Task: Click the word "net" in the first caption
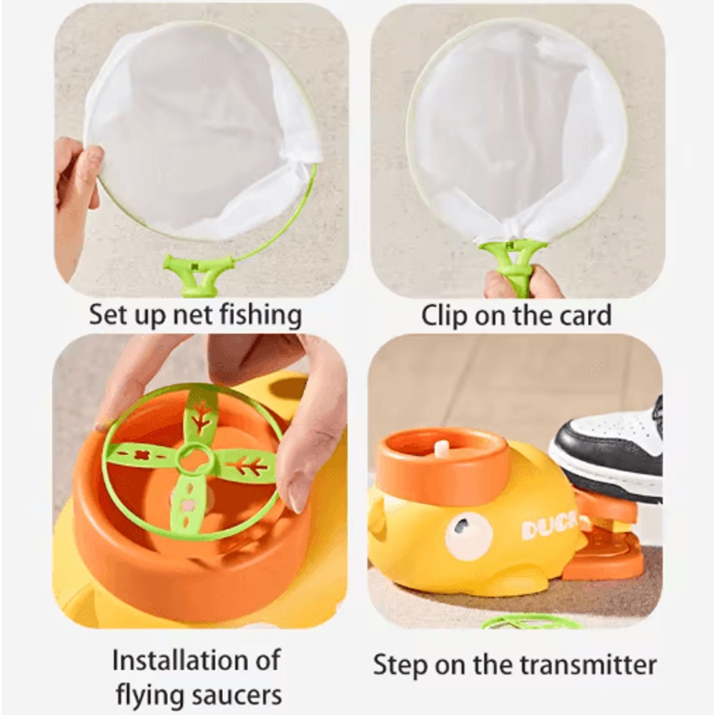(196, 315)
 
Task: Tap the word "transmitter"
(581, 665)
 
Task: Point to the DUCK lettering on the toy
(548, 528)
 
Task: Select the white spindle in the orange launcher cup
(443, 448)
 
